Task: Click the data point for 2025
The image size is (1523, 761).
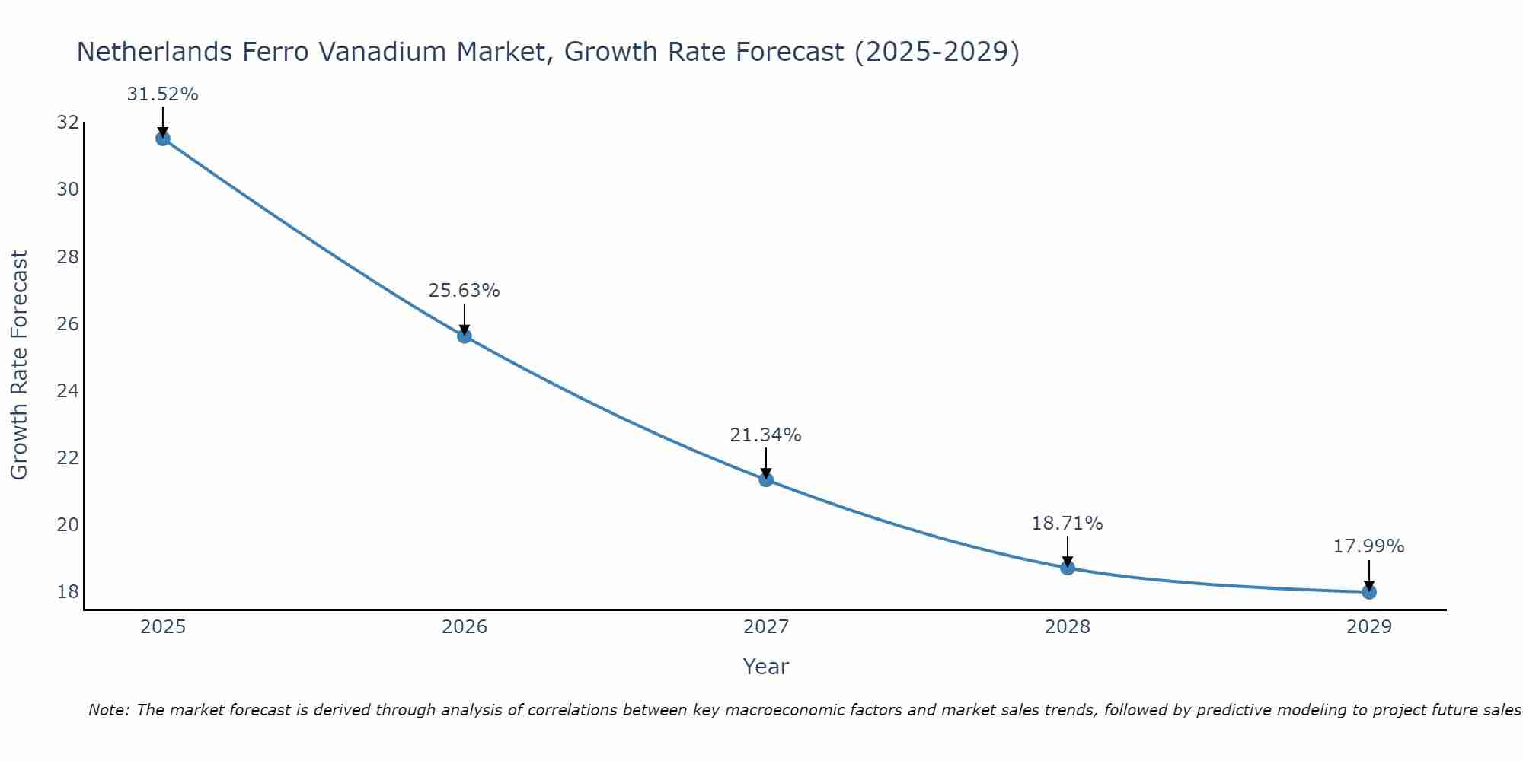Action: click(162, 139)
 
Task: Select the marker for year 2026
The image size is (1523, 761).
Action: click(465, 336)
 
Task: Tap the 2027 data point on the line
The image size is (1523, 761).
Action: click(766, 479)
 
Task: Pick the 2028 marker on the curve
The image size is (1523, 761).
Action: click(1068, 568)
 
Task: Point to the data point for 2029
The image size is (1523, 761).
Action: click(1369, 591)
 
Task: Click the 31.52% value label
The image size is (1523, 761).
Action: click(162, 94)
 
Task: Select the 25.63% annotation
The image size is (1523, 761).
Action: click(464, 291)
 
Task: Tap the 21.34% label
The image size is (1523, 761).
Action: click(765, 435)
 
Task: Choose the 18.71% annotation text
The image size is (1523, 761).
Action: click(1067, 524)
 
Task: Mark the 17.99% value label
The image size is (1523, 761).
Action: click(1368, 546)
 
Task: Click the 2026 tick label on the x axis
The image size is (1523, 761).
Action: click(465, 627)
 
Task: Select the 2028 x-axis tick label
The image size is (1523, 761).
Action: click(1068, 627)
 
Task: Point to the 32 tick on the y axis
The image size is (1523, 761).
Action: click(68, 123)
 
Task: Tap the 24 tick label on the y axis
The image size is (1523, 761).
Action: click(68, 391)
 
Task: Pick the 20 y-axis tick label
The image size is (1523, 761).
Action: click(68, 525)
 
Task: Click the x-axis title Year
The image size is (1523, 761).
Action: click(765, 667)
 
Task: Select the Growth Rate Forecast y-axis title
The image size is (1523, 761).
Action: click(20, 365)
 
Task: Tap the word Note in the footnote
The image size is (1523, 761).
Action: click(110, 710)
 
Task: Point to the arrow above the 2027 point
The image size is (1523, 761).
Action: click(766, 463)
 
